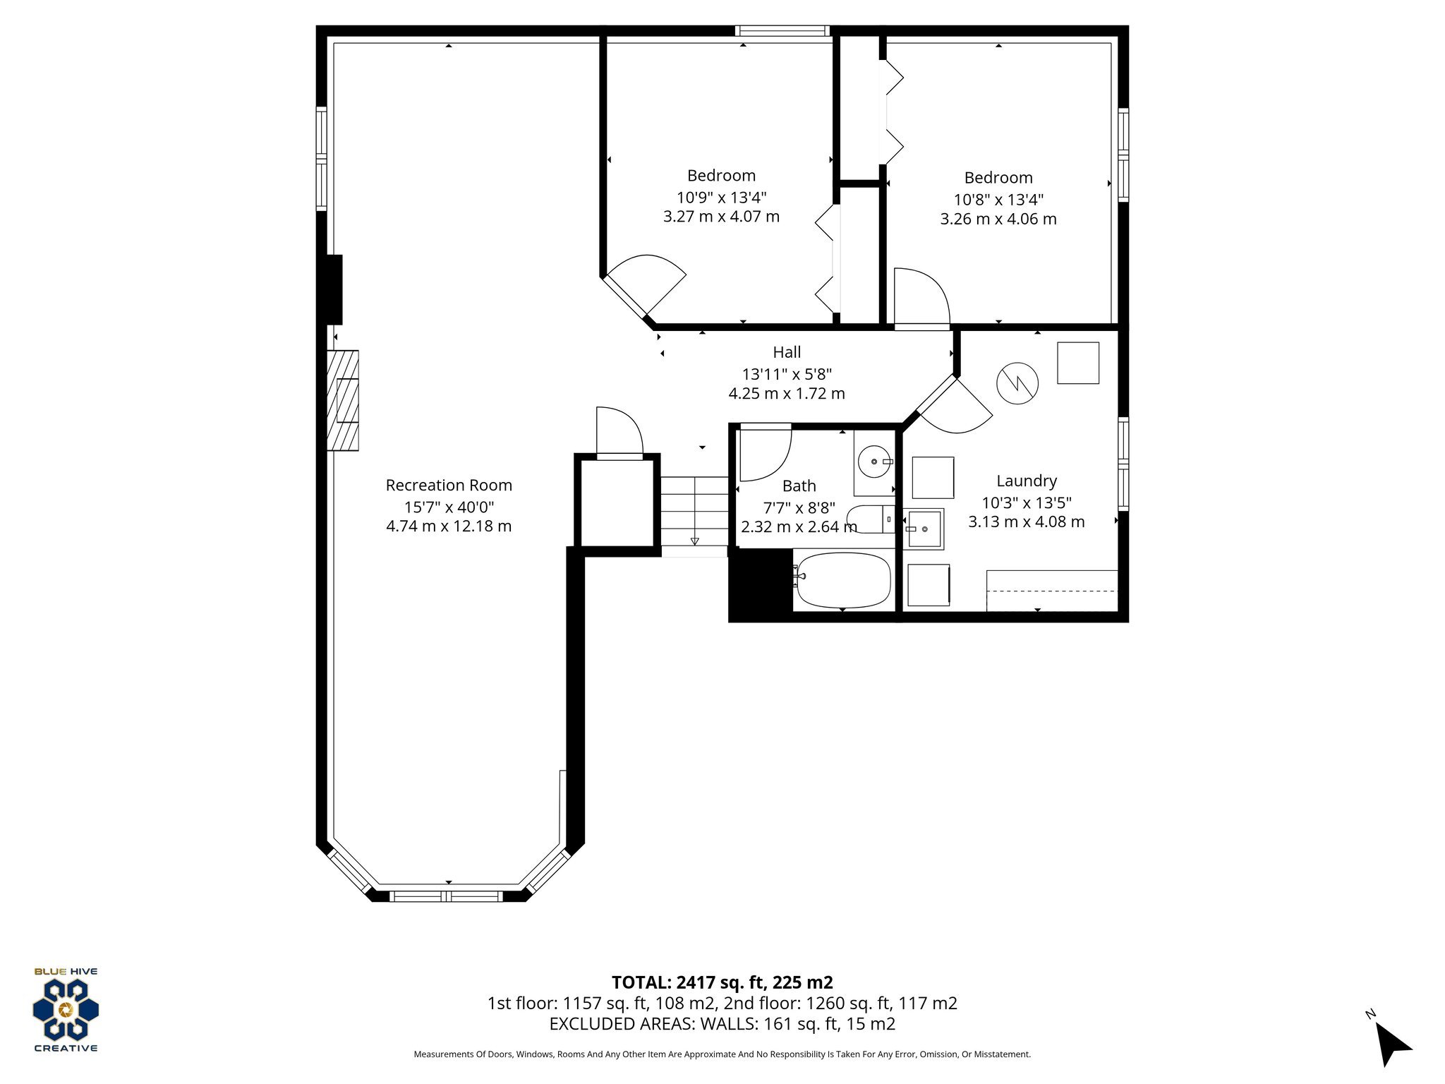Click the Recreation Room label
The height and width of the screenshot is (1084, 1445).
[x=449, y=486]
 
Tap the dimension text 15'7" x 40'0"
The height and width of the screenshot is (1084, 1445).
[x=449, y=507]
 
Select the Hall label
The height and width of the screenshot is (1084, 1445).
[x=787, y=352]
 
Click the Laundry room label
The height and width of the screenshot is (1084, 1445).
[x=1027, y=481]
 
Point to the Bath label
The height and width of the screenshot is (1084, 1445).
[x=799, y=486]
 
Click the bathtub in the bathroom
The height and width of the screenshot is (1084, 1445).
[x=842, y=581]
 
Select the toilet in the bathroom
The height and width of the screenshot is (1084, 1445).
[x=868, y=519]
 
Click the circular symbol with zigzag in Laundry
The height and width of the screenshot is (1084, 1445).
[x=1017, y=383]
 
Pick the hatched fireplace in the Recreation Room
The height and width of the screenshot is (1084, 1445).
[x=343, y=400]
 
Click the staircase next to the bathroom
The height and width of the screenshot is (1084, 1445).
[x=694, y=513]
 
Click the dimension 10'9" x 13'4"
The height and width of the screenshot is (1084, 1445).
[x=721, y=197]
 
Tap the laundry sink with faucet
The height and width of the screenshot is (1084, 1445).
[x=923, y=529]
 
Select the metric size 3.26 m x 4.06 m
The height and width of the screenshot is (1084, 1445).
[x=998, y=219]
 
